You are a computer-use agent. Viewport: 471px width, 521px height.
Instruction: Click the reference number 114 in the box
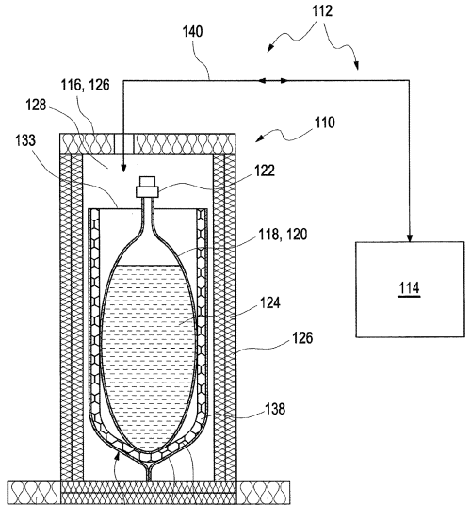(409, 287)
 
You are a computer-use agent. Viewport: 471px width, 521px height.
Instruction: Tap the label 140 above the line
(193, 32)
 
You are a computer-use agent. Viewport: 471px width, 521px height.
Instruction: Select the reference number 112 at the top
(322, 11)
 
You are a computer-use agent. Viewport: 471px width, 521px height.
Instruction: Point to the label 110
(324, 122)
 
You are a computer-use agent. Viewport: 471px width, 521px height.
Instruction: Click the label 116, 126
(86, 85)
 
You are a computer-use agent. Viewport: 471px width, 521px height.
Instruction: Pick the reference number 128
(37, 105)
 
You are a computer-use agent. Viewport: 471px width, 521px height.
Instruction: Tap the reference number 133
(25, 139)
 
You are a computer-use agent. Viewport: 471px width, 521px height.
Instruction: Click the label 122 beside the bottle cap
(265, 171)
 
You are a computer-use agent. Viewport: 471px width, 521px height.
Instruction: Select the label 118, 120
(284, 235)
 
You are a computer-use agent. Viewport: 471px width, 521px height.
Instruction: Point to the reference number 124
(270, 302)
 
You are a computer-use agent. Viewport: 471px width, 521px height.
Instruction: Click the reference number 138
(275, 408)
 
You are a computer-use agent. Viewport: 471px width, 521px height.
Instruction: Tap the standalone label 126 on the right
(302, 338)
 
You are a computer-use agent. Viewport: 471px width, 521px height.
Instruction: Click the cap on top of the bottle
(147, 187)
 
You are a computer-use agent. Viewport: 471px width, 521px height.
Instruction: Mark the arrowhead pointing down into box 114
(410, 238)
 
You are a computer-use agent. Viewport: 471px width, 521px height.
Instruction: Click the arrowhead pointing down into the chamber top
(123, 169)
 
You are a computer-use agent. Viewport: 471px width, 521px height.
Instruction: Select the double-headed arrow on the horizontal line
(273, 80)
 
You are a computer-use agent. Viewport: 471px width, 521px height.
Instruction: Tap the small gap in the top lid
(123, 143)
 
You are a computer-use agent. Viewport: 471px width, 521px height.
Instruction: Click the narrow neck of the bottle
(147, 214)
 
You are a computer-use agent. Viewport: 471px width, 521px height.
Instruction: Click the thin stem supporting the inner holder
(149, 473)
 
